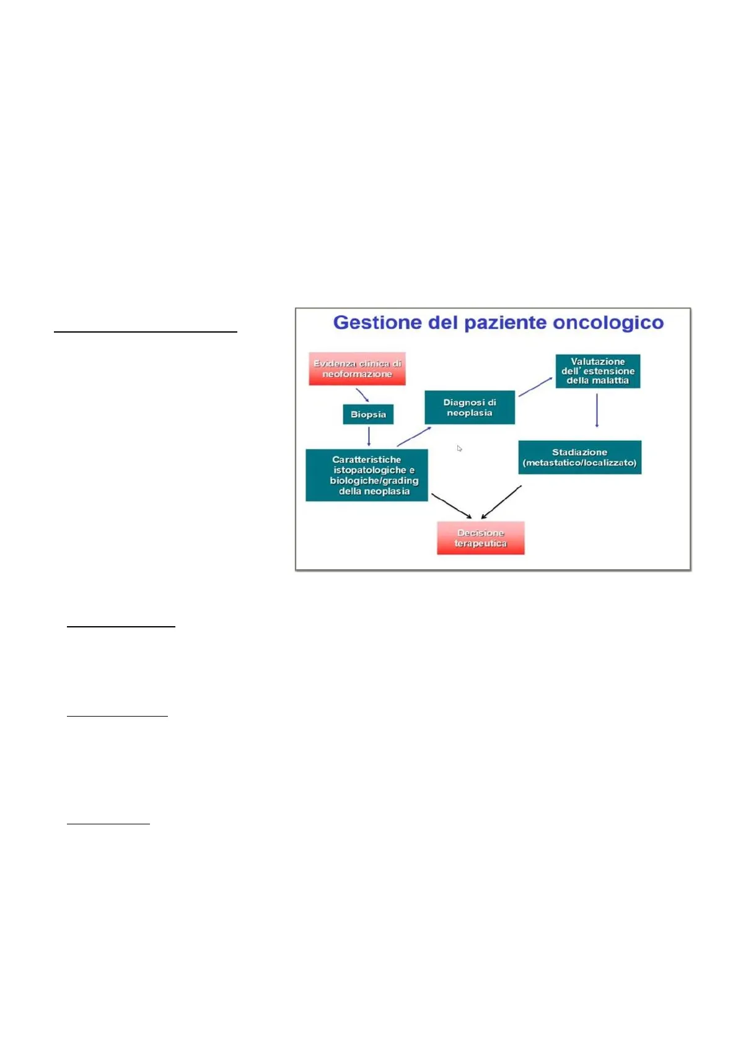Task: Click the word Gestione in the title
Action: pos(369,323)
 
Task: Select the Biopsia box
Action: pos(368,414)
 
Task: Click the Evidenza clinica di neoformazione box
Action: pos(357,369)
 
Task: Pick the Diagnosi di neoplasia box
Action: pos(469,408)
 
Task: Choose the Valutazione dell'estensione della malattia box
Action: pos(597,371)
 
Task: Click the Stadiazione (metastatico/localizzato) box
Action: pos(579,458)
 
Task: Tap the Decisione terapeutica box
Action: pos(480,538)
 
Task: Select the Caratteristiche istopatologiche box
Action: pos(366,475)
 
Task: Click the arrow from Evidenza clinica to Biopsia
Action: pos(362,395)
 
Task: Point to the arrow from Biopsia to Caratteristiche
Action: pos(369,436)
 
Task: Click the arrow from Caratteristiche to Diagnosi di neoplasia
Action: pos(414,436)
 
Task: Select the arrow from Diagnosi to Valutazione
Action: pos(535,386)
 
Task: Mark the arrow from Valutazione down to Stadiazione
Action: pos(597,410)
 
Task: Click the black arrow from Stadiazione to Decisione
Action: pos(501,502)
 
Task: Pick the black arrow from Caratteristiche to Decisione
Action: pos(451,506)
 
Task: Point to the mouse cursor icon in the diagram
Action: pos(459,448)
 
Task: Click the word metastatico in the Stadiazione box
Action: pos(551,463)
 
